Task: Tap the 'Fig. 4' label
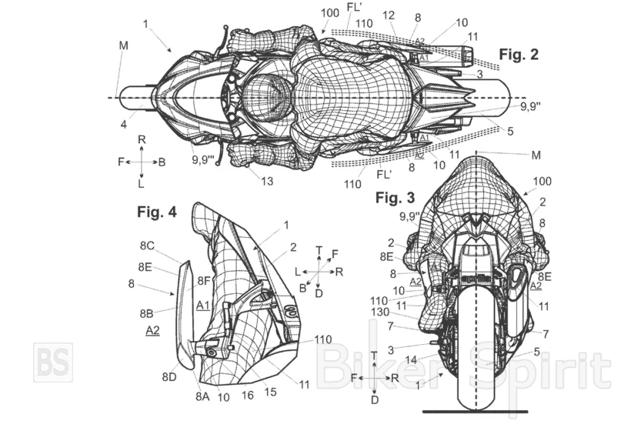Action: pyautogui.click(x=155, y=212)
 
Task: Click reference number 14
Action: pyautogui.click(x=413, y=359)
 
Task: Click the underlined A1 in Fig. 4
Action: pyautogui.click(x=203, y=306)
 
